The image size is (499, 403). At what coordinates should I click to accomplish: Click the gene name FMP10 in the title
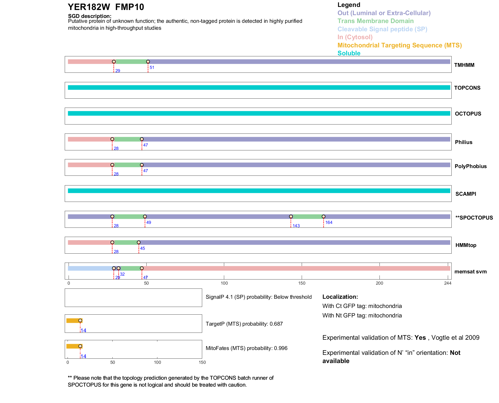pyautogui.click(x=129, y=7)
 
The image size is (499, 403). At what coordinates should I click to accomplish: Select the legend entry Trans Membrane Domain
pyautogui.click(x=375, y=21)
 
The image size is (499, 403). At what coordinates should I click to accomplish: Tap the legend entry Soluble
pyautogui.click(x=349, y=53)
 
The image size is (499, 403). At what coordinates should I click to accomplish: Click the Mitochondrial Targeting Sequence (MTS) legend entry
pyautogui.click(x=399, y=45)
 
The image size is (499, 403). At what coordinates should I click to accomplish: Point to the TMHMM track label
pyautogui.click(x=464, y=65)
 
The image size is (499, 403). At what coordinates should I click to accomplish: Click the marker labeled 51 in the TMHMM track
pyautogui.click(x=148, y=62)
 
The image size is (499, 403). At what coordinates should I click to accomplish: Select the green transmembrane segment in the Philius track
pyautogui.click(x=127, y=139)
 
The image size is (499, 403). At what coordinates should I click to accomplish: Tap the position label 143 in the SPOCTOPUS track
pyautogui.click(x=296, y=226)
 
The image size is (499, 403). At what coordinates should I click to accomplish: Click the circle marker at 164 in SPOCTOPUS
pyautogui.click(x=323, y=217)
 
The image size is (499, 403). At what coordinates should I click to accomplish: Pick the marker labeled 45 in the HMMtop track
pyautogui.click(x=139, y=242)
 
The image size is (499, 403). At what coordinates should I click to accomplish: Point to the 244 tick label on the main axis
pyautogui.click(x=448, y=283)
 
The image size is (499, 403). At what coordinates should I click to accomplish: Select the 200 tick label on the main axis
pyautogui.click(x=379, y=283)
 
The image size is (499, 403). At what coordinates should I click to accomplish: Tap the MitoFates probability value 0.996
pyautogui.click(x=281, y=348)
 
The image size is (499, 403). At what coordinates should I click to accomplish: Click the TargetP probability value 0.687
pyautogui.click(x=276, y=324)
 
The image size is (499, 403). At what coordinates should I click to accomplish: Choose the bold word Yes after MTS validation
pyautogui.click(x=420, y=338)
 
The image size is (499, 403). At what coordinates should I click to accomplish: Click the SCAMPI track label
pyautogui.click(x=466, y=194)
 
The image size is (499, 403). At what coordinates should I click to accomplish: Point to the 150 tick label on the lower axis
pyautogui.click(x=202, y=362)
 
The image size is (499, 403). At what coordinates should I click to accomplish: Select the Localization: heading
pyautogui.click(x=340, y=297)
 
